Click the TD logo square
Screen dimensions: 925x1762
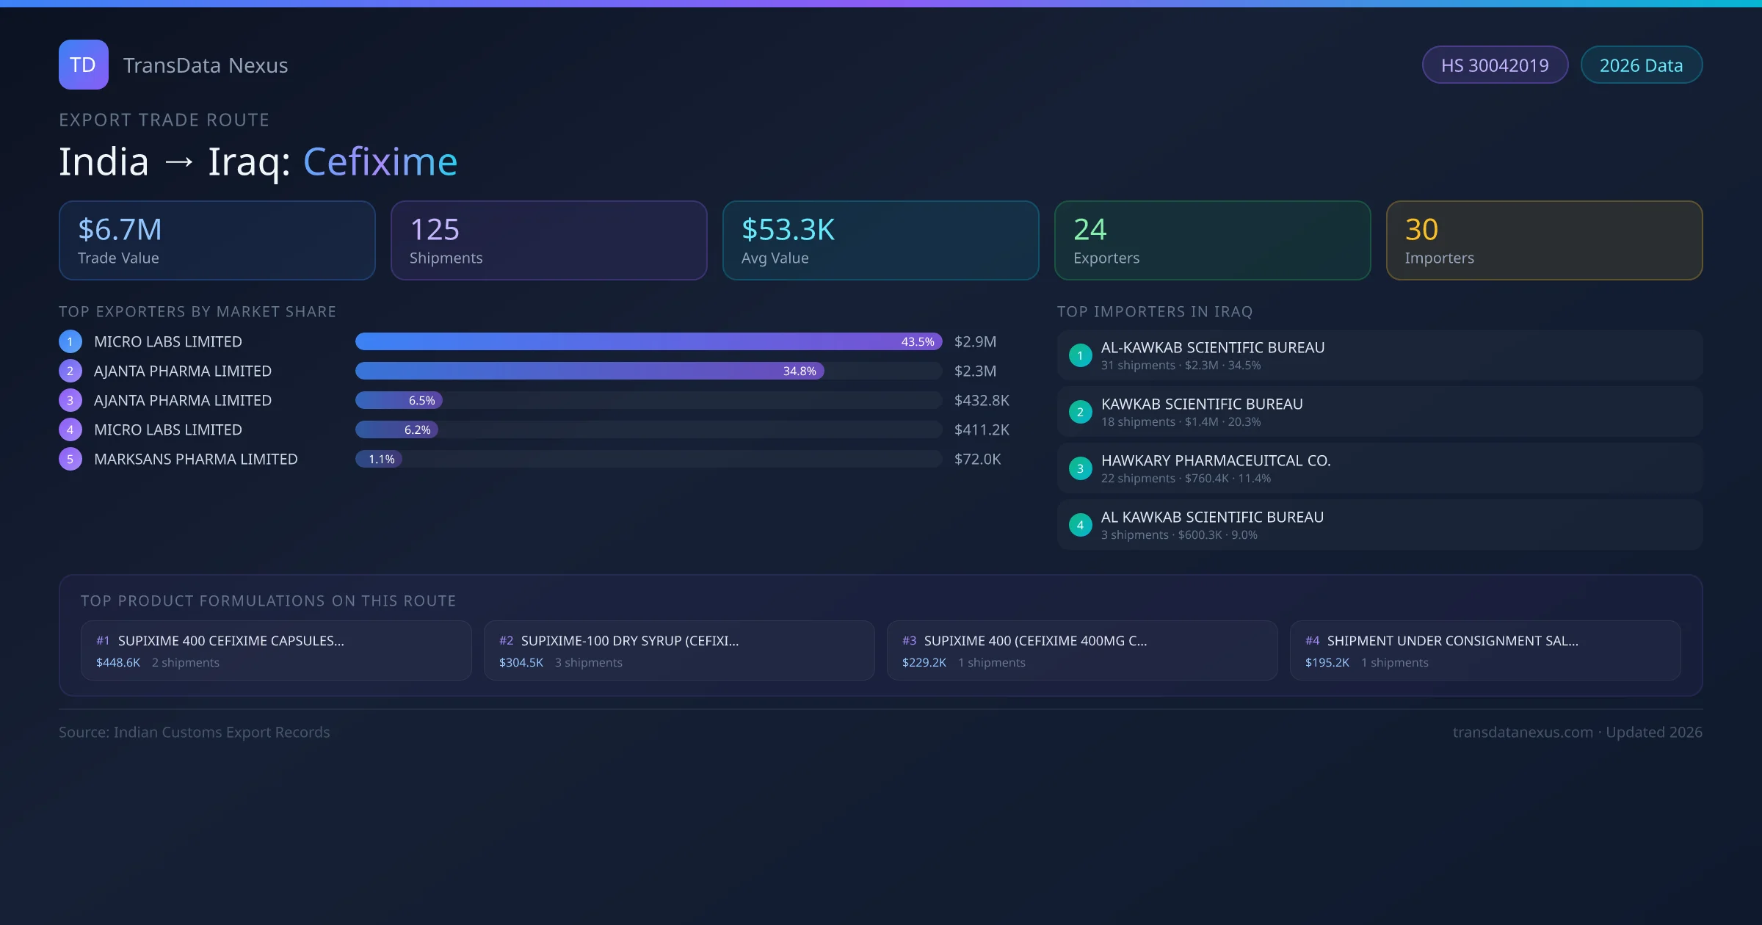point(83,65)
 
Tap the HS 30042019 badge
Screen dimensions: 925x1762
point(1494,65)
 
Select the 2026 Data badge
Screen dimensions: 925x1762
point(1641,65)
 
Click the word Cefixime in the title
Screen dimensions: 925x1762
point(380,162)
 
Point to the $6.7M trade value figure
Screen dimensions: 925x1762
point(120,230)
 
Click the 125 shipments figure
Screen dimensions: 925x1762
point(435,230)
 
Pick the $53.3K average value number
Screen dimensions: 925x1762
point(788,230)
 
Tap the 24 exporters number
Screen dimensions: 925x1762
point(1090,230)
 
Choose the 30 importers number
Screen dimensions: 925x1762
point(1421,230)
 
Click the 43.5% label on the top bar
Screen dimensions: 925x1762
point(917,342)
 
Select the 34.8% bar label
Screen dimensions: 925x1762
point(799,371)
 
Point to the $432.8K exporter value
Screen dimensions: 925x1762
point(982,401)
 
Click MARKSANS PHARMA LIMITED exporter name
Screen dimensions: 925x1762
point(195,460)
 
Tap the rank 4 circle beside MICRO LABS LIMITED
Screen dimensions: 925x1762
point(70,430)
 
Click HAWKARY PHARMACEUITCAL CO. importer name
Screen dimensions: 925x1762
point(1215,461)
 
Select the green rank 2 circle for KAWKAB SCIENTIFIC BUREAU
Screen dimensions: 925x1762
point(1080,413)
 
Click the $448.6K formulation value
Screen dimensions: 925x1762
point(117,663)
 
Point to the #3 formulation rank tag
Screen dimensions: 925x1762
point(909,641)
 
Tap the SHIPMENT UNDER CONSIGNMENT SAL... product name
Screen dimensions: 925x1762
point(1452,641)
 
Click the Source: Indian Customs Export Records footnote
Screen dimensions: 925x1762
point(194,733)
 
